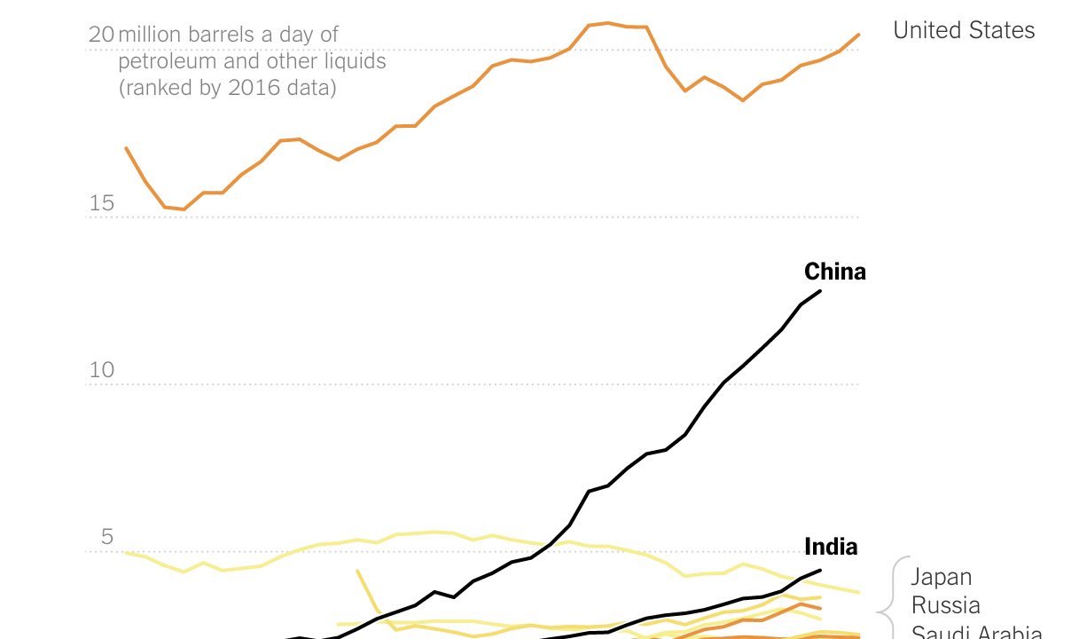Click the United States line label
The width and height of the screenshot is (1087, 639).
coord(963,30)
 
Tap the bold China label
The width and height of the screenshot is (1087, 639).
coord(834,272)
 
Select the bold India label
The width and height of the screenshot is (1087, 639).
coord(831,547)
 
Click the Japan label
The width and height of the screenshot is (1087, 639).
coord(942,578)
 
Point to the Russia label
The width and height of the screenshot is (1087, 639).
coord(945,606)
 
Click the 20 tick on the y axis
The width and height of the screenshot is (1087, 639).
coord(101,35)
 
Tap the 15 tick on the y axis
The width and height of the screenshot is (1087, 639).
coord(101,203)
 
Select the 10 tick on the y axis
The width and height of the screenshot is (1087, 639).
coord(102,370)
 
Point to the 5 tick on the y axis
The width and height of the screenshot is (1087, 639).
coord(107,537)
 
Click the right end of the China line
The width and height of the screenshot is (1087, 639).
coord(820,291)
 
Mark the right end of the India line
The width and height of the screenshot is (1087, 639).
coord(820,571)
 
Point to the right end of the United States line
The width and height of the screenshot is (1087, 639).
coord(859,35)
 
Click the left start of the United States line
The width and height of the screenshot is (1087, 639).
coord(126,148)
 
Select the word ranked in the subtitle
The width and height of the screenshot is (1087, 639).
coord(157,89)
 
